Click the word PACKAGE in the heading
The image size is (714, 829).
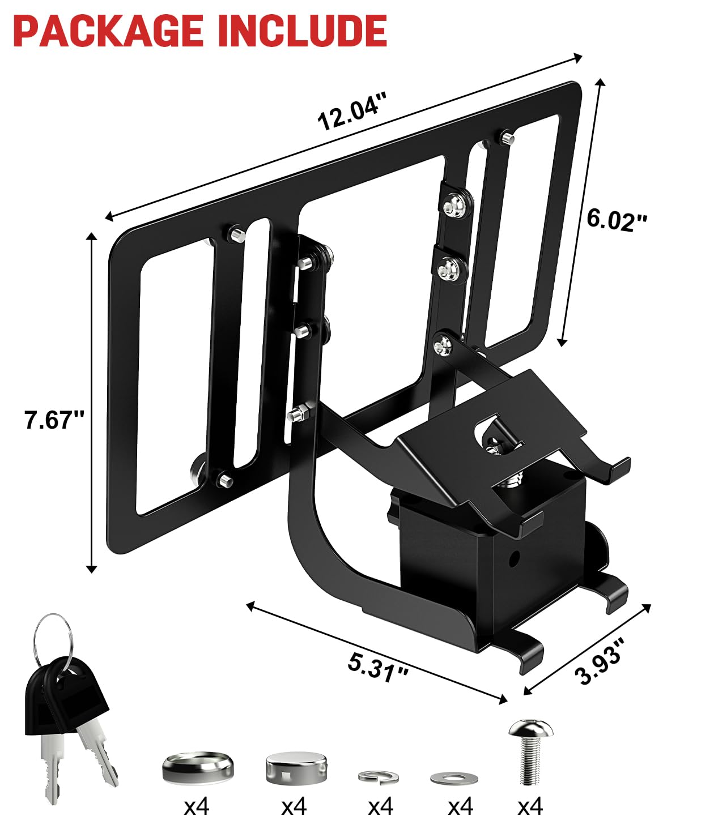(x=108, y=31)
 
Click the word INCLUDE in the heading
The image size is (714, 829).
(x=303, y=31)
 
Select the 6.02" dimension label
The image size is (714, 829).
(x=616, y=220)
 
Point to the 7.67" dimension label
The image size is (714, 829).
(x=54, y=420)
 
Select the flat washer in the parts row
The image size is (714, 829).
(x=449, y=779)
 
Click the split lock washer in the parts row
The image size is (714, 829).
(x=379, y=776)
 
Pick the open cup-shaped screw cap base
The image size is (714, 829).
(x=198, y=766)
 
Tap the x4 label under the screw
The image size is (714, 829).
(x=530, y=806)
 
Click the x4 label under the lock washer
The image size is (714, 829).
(x=380, y=806)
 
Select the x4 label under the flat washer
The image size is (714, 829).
(x=460, y=806)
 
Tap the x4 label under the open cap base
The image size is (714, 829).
(x=197, y=806)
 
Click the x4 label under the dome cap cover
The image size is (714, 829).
(x=294, y=806)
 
